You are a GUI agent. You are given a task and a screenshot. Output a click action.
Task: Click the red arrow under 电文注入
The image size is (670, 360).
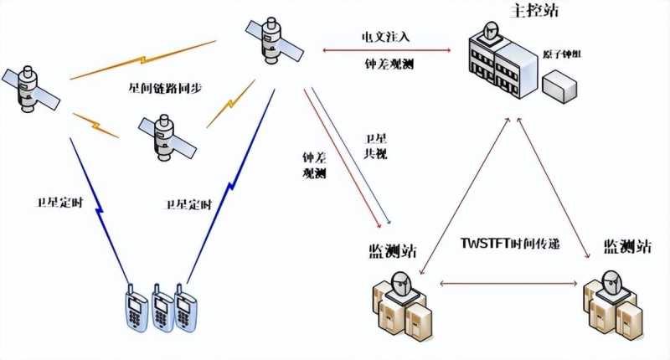coord(386,51)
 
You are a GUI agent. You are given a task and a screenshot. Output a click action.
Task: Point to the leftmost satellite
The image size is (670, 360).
coord(30,89)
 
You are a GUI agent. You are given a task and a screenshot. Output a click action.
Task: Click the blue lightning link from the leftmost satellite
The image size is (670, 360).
coord(97,205)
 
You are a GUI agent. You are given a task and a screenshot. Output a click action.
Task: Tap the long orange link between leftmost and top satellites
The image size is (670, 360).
coord(144,61)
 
